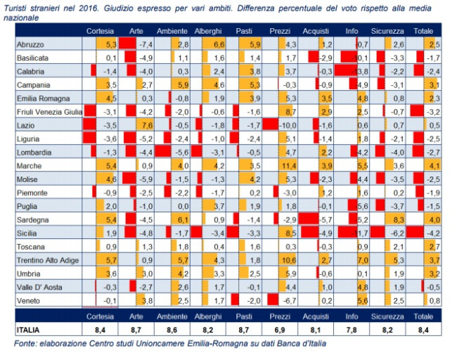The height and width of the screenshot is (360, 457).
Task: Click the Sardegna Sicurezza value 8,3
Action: coord(397,220)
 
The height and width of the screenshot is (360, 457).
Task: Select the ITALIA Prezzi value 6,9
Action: coord(281,328)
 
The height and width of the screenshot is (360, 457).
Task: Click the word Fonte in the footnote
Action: coord(26,343)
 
